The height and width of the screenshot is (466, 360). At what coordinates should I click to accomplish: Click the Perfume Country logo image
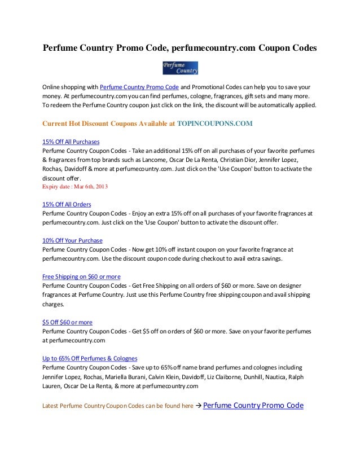pyautogui.click(x=180, y=68)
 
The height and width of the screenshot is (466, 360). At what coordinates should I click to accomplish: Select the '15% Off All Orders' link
pyautogui.click(x=67, y=204)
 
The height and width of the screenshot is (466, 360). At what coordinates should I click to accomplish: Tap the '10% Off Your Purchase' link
pyautogui.click(x=72, y=240)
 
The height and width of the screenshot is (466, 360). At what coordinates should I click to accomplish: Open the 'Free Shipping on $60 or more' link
pyautogui.click(x=81, y=276)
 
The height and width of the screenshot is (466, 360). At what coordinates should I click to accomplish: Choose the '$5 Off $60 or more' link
pyautogui.click(x=68, y=322)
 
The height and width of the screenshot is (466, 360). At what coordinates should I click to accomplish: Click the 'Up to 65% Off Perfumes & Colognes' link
pyautogui.click(x=90, y=358)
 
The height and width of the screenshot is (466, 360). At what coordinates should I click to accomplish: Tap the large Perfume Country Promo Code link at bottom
pyautogui.click(x=253, y=406)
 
